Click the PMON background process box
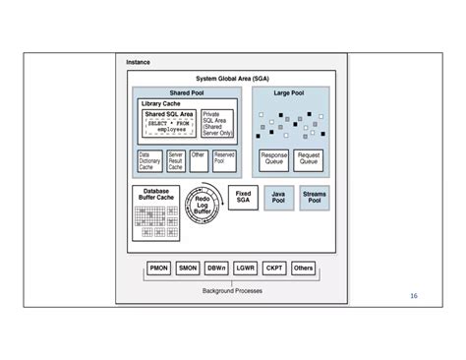pos(159,268)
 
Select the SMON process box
pos(188,268)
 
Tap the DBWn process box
pos(216,268)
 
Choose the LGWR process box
pos(246,268)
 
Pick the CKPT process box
pos(274,268)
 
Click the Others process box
pos(304,268)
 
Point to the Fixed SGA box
pos(243,197)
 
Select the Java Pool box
pos(278,198)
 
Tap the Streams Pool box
pos(315,198)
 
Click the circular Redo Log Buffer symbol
pos(203,206)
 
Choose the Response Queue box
pos(274,159)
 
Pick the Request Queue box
pos(308,159)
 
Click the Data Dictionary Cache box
pos(149,161)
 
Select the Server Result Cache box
pos(175,161)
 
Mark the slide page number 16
pos(414,295)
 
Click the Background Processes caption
pos(232,291)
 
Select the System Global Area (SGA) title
pos(232,78)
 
